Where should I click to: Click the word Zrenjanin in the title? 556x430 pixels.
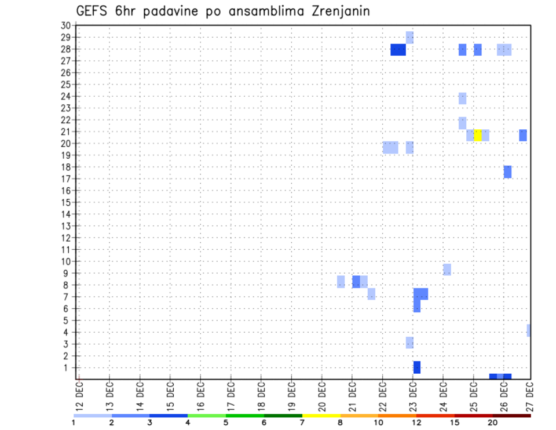point(336,11)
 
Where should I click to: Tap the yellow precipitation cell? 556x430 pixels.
point(478,135)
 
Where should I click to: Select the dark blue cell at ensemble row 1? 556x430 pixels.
point(417,367)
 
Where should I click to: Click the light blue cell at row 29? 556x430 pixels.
point(409,37)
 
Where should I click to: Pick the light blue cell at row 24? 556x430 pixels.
point(462,98)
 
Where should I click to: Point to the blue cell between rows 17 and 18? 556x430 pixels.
point(507,172)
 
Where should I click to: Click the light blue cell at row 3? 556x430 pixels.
point(409,342)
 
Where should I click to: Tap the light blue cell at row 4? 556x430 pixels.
point(529,330)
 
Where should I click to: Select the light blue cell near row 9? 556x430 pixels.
point(447,269)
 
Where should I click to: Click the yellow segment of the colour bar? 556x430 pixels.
point(321,416)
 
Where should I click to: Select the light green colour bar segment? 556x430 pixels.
point(207,416)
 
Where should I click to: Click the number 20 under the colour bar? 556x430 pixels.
point(492,423)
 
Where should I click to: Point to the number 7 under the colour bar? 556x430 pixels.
point(302,423)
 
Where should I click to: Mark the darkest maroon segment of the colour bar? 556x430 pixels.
point(511,416)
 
